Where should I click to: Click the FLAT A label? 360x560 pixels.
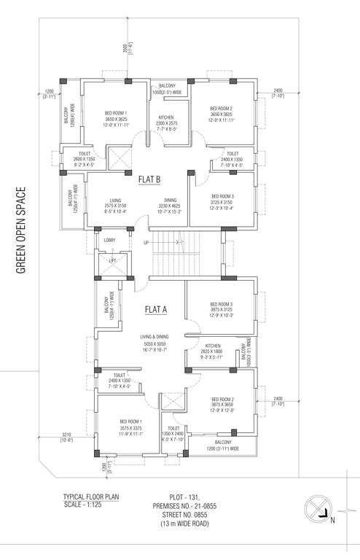[x=156, y=309]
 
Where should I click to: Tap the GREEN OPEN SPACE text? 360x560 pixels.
[x=21, y=230]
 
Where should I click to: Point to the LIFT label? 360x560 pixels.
[x=112, y=260]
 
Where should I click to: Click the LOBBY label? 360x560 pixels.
[x=109, y=239]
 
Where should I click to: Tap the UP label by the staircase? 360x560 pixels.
[x=146, y=242]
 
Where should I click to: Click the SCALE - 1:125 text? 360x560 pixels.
[x=85, y=504]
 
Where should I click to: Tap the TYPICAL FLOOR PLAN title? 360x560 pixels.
[x=90, y=497]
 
